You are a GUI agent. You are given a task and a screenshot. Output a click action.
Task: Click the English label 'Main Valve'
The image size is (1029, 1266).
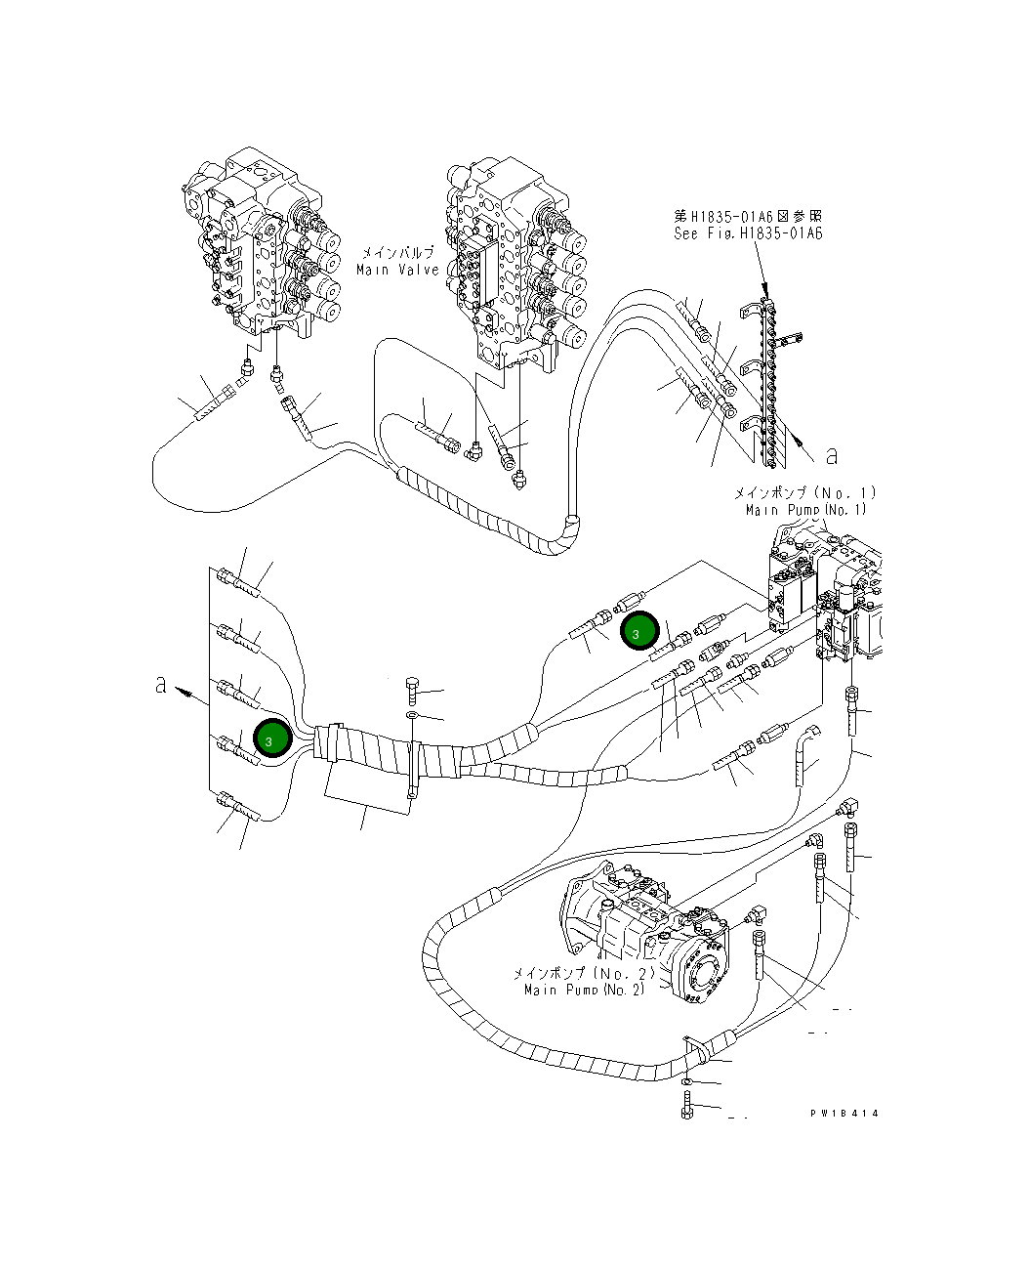397,270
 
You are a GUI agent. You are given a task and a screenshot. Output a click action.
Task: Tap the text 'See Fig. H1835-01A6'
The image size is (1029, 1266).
748,234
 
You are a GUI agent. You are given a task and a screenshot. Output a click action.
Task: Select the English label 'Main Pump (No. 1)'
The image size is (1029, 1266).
805,510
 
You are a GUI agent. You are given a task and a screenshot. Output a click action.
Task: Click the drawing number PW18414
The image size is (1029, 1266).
844,1114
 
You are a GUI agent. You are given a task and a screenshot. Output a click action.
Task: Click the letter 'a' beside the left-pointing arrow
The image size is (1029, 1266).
161,686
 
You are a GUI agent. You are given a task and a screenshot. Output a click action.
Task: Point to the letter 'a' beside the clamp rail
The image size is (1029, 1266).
832,455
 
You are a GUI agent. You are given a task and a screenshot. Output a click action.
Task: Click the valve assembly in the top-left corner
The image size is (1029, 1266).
264,244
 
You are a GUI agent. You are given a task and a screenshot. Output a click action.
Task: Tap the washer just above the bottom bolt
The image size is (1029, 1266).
690,1081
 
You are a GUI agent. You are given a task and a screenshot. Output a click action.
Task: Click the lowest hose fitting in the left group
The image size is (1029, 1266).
238,807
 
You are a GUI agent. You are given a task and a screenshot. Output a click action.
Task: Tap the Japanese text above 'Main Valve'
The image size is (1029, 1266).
397,252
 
